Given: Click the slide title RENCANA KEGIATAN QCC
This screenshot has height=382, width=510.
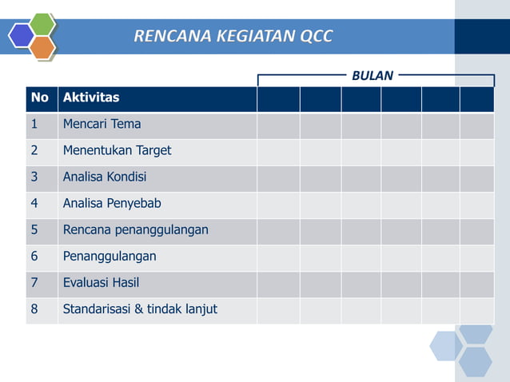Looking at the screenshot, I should point(233,36).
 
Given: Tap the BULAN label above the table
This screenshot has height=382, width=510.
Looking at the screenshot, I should point(373,76).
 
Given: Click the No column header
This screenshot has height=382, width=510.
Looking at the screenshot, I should point(39,97).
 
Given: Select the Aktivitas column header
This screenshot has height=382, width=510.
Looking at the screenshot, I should point(91,97).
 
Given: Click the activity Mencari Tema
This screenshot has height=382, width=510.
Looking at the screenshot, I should point(102,124).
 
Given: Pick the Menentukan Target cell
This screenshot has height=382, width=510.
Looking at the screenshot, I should point(117,150).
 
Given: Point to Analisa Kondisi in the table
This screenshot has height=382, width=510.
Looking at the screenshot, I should point(105,177).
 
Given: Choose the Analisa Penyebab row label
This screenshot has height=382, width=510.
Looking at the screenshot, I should point(112,203).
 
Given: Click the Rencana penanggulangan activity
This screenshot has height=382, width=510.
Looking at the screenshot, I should point(135,229).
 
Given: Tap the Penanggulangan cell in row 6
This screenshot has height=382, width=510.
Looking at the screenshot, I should point(110,256).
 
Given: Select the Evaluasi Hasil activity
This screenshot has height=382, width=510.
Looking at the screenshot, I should point(101,282).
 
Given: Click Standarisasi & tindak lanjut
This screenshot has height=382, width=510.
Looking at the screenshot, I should point(140,308).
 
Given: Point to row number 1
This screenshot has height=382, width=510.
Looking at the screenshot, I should point(34,124).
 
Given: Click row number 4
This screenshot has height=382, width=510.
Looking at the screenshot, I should point(34,203).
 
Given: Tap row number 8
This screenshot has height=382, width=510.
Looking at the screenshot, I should point(34,308).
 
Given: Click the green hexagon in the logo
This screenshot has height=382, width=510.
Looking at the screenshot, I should point(42,24).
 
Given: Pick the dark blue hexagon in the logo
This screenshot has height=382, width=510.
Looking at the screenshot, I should point(21,35).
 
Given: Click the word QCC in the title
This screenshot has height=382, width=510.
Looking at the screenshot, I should point(314,36).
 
